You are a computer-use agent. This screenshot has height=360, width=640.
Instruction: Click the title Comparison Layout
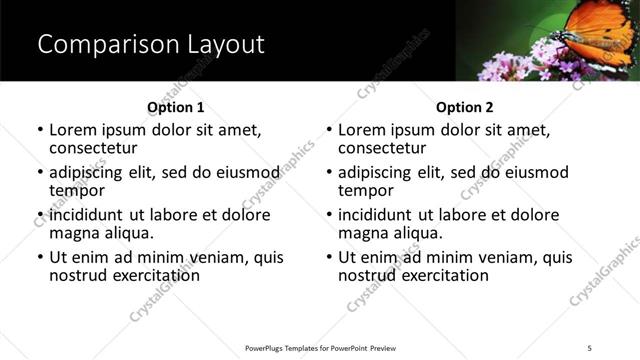pos(150,45)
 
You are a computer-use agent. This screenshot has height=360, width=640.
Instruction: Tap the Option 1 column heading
pos(175,107)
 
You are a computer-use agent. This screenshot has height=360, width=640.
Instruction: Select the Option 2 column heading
pos(464,107)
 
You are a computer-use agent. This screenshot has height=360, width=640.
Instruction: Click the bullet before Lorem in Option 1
pos(40,131)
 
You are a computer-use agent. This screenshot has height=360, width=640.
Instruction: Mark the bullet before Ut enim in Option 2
pos(329,257)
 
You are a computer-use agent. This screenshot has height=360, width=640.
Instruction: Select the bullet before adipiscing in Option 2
pos(329,173)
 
